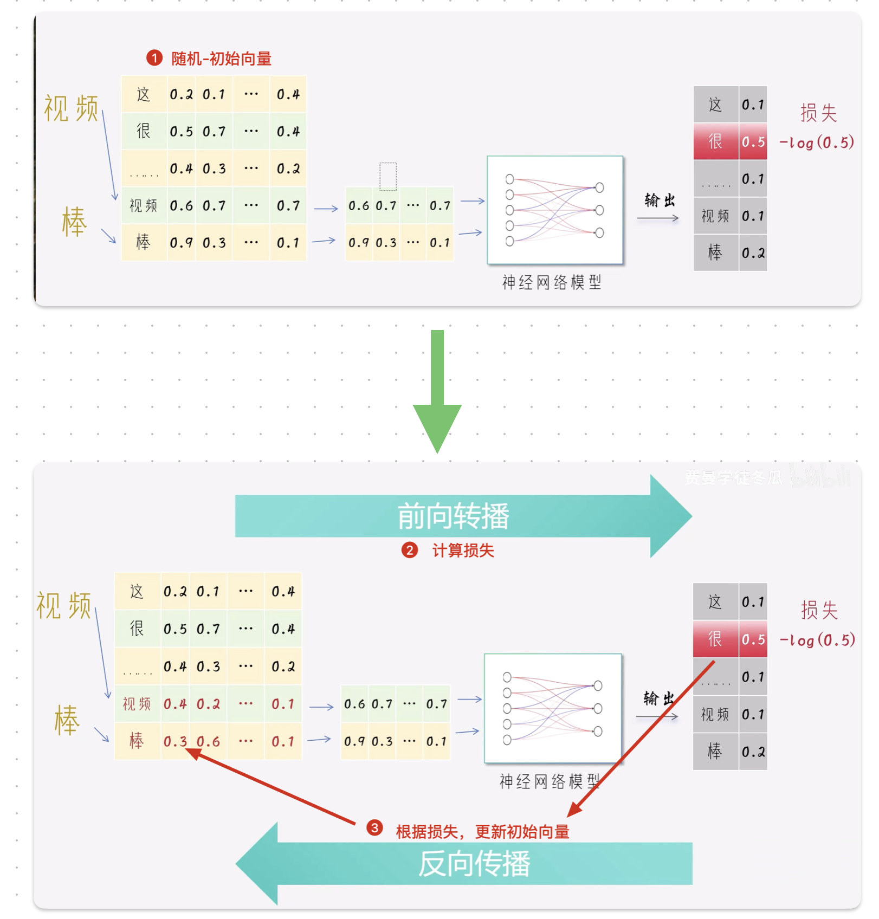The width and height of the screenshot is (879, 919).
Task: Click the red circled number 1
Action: coord(154,58)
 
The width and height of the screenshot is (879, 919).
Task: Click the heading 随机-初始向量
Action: coord(221,59)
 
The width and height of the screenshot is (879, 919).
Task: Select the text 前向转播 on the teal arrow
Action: coord(453,516)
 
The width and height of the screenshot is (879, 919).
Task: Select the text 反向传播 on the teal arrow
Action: coord(474,864)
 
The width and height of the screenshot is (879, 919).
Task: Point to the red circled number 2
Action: coord(410,551)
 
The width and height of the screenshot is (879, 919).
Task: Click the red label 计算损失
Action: coord(463,551)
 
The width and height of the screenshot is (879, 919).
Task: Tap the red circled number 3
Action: coord(374,828)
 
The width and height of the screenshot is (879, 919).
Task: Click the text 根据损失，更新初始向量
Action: coord(482,832)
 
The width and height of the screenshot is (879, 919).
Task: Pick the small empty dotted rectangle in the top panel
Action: coord(388,177)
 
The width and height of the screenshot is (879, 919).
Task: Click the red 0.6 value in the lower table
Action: coord(209,741)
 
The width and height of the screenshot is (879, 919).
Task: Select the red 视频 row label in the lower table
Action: coord(137,704)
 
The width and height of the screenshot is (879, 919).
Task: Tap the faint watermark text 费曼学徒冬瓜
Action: coord(733,477)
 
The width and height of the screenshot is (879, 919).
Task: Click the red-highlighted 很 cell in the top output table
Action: coord(715,142)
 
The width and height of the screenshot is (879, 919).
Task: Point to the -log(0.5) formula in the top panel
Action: coord(817,143)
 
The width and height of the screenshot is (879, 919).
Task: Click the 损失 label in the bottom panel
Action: coord(819,610)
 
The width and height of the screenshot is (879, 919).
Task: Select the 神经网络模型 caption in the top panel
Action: coord(552,282)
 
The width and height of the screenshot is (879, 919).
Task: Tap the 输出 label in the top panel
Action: coord(660,200)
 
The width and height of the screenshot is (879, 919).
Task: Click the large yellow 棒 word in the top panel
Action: coord(74,222)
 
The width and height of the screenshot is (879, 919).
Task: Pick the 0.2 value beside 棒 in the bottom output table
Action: coord(753,752)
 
